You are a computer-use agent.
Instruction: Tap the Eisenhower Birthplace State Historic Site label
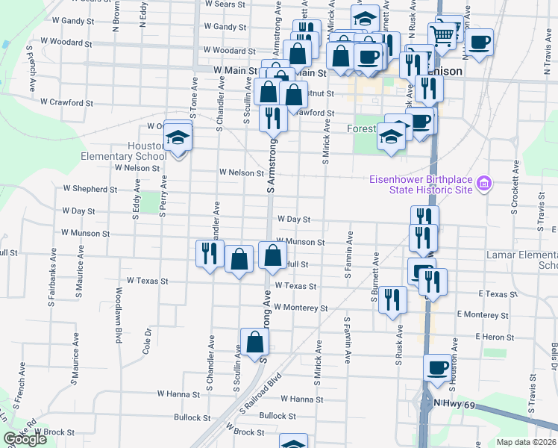pos(422,184)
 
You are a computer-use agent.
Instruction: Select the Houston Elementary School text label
pos(125,152)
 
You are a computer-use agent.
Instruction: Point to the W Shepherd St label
pos(90,189)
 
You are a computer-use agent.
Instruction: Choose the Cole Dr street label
pos(147,338)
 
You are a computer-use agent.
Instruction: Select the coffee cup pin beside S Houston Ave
pos(437,367)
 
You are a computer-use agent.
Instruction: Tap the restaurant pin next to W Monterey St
pos(392,299)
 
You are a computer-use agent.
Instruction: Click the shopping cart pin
pos(442,34)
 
